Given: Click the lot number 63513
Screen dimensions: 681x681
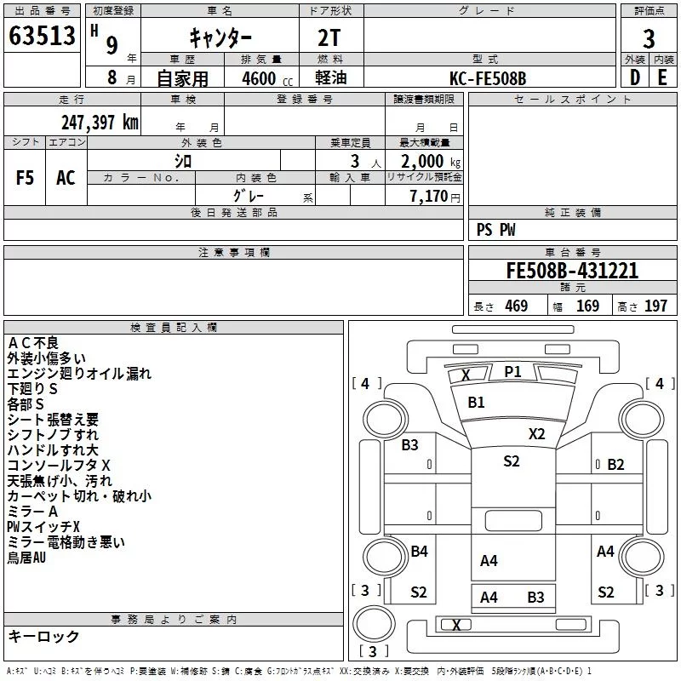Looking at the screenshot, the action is click(42, 37).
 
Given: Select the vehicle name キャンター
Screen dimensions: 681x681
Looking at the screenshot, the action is click(220, 37).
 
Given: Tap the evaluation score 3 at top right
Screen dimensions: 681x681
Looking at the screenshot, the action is click(649, 38).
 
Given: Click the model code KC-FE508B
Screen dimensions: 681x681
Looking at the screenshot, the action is click(488, 78).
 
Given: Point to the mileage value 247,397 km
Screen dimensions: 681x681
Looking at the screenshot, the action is click(100, 123).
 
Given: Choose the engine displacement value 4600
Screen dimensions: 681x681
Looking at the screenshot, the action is click(259, 78).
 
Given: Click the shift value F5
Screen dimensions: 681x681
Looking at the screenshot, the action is click(26, 178).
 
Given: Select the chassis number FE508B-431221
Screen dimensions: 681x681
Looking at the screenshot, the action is click(572, 271).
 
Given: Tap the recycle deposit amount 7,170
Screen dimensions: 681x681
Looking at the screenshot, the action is click(429, 197).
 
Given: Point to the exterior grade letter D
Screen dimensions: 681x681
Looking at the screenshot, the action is click(634, 78).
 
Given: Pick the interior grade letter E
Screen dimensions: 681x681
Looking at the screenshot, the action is click(662, 78).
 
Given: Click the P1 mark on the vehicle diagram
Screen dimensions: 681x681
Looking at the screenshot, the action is click(512, 371).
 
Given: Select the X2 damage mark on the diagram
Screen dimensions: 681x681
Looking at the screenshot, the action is click(536, 433).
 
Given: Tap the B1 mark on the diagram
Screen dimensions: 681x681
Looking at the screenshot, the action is click(476, 402).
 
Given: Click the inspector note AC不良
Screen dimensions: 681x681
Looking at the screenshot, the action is click(33, 343).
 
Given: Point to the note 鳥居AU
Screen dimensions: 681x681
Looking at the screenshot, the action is click(26, 558).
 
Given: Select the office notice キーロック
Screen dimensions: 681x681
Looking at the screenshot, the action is click(43, 637).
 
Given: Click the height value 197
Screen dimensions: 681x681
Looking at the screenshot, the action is click(655, 306).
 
